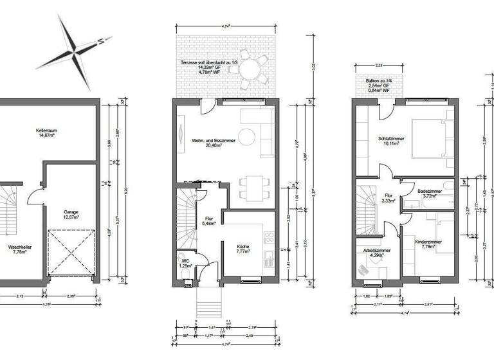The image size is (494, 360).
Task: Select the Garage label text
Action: coord(71,214)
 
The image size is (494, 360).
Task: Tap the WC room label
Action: coord(186,263)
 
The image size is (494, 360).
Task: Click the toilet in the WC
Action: coord(185,276)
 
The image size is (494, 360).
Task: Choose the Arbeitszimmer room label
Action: coord(374,253)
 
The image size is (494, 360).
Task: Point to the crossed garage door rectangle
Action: coord(71,254)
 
